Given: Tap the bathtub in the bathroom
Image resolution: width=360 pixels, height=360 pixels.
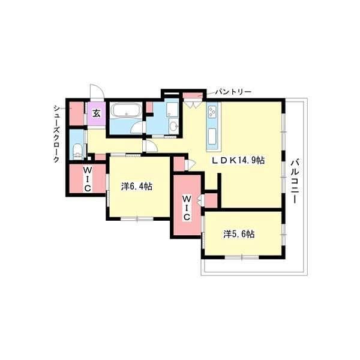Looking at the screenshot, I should (126, 112).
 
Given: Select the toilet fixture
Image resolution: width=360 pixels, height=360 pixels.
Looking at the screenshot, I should (76, 149).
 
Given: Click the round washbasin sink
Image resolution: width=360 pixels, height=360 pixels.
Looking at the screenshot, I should (173, 127).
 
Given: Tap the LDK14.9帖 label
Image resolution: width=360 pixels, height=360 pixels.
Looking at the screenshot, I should (237, 161).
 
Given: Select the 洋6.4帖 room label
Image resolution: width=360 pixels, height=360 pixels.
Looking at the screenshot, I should (136, 187).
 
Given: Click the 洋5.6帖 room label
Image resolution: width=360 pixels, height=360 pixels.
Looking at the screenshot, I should (239, 234).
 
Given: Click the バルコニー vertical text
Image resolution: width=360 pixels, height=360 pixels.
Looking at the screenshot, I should (296, 181).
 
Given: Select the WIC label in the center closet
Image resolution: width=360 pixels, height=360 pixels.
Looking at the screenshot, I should (186, 208).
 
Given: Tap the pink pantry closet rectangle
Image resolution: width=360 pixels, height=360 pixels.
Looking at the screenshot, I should (191, 96).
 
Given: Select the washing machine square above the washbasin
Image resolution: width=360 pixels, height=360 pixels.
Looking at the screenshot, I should (172, 109).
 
